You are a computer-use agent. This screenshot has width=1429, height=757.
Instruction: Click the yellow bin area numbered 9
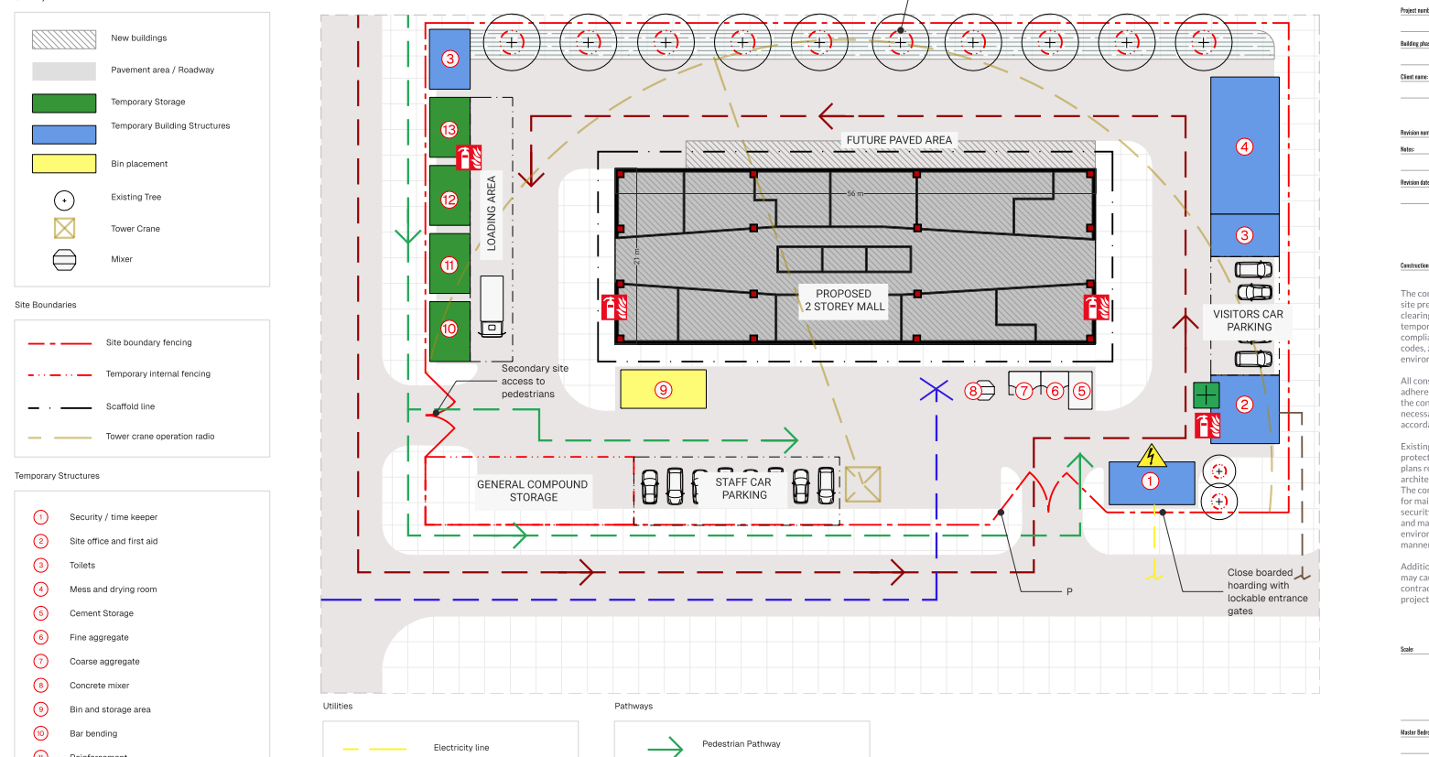coord(663,389)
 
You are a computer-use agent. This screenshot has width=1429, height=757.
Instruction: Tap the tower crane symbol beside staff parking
coord(862,484)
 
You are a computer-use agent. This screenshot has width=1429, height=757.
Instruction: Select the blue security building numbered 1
coord(1152,482)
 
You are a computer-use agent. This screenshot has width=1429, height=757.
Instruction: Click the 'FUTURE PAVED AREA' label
coord(899,140)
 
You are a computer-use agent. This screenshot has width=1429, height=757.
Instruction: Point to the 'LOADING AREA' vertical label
coord(492,213)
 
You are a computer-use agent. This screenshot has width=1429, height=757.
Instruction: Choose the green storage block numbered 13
coord(449,129)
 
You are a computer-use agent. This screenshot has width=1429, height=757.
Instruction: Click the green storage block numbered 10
coord(449,330)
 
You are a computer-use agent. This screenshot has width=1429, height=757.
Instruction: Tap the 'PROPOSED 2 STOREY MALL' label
coord(844,300)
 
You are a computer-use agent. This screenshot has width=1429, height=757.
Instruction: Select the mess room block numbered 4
coord(1244,146)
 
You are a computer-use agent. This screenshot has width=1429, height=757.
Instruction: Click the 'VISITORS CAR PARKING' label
coord(1249,320)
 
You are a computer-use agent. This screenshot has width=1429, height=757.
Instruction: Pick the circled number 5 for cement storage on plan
coord(1081,391)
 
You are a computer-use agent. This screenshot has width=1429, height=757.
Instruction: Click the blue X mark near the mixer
coord(936,391)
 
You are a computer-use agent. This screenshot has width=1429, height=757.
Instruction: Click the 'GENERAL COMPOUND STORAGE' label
coord(533,491)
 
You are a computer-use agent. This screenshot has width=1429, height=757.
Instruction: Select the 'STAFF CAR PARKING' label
coord(743,489)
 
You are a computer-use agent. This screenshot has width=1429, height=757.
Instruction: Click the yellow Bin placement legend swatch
coord(64,164)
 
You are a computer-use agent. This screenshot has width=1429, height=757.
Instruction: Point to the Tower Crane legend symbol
coord(64,229)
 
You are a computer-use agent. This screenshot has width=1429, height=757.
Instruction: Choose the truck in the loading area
coord(492,306)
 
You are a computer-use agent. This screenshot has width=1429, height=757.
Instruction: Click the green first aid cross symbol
coord(1207,395)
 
